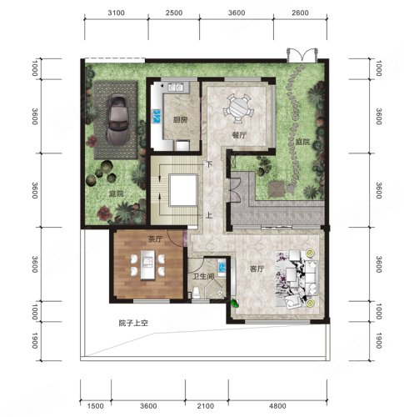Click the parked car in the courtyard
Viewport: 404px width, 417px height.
pos(117,119)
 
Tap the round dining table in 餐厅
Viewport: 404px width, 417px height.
pos(238,108)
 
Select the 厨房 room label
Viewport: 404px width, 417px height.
pos(180,120)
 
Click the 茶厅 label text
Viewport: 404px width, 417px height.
pos(155,239)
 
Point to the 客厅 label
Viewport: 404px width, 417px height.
pos(257,269)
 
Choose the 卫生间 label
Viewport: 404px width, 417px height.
pos(203,277)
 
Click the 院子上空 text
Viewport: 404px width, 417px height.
pos(133,324)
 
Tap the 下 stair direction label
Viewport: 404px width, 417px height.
pos(209,164)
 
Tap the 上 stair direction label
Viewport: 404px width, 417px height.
pos(209,215)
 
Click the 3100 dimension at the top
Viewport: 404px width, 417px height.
pos(116,13)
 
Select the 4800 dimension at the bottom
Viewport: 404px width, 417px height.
pos(277,406)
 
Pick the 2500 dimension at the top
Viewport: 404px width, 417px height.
pos(174,13)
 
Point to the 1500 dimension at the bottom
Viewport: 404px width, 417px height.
pos(95,406)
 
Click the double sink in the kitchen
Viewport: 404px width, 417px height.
pos(176,88)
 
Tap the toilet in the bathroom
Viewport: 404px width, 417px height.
pos(196,294)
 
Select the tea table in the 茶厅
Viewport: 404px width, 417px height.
pos(147,265)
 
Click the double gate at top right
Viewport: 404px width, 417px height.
pos(302,55)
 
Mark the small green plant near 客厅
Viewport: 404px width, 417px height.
pos(235,303)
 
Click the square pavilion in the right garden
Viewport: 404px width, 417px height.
pos(277,189)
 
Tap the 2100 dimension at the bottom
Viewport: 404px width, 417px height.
pos(206,406)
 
